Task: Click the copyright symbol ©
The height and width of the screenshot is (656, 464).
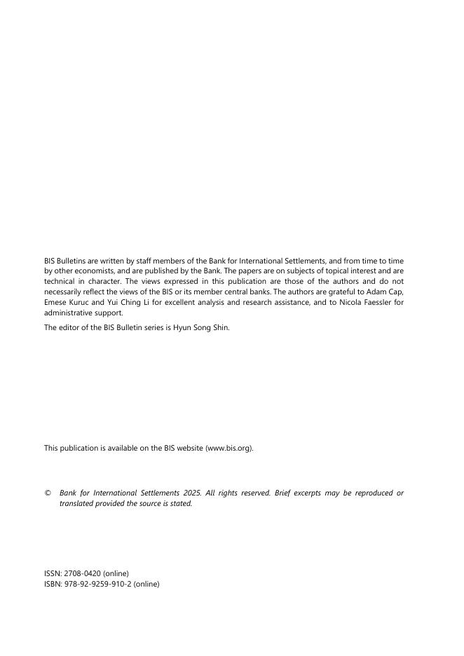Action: pos(48,493)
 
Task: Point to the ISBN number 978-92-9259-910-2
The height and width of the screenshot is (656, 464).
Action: pos(95,583)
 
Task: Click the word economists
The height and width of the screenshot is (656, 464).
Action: pos(89,271)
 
